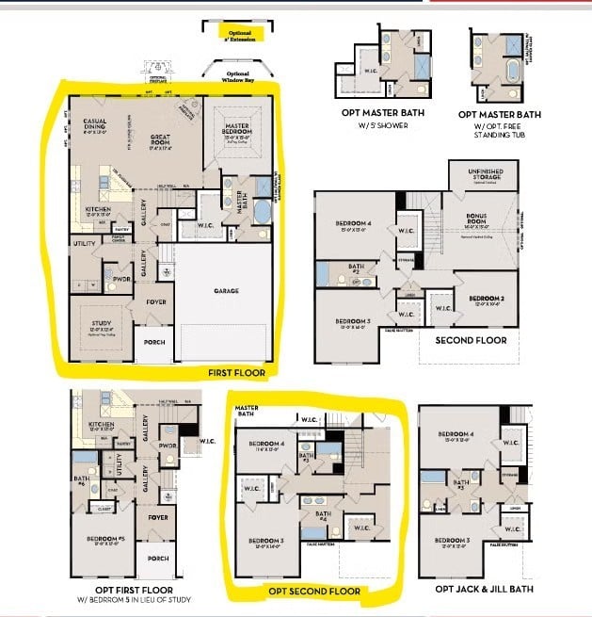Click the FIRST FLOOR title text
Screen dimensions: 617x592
click(x=236, y=373)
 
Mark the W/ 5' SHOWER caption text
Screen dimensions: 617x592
click(x=384, y=123)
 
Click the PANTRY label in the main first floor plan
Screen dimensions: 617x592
click(x=120, y=228)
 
